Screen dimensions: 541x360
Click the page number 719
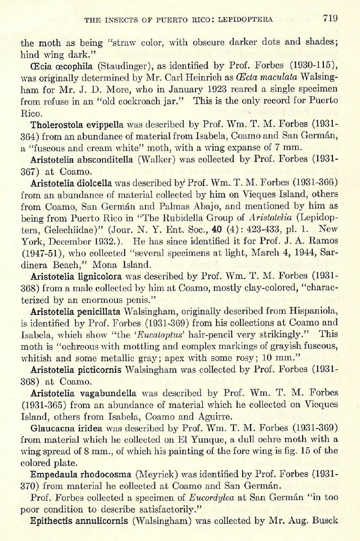(x=329, y=18)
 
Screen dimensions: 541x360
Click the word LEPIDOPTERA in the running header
(x=246, y=19)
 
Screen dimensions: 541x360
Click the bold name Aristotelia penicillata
(x=77, y=311)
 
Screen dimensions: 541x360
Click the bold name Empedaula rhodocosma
(x=81, y=474)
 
